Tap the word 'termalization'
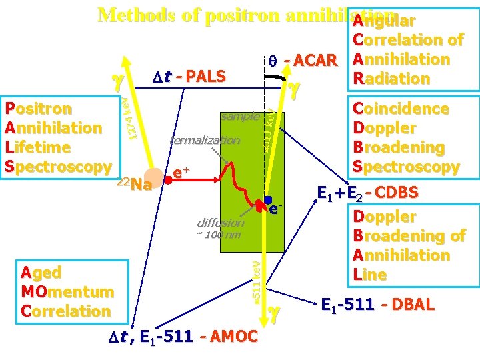click(x=205, y=140)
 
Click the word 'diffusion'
click(x=221, y=222)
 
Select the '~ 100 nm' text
click(x=218, y=235)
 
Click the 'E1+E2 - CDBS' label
click(x=368, y=193)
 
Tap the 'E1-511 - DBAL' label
click(x=377, y=305)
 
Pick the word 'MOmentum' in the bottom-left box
click(x=67, y=292)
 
